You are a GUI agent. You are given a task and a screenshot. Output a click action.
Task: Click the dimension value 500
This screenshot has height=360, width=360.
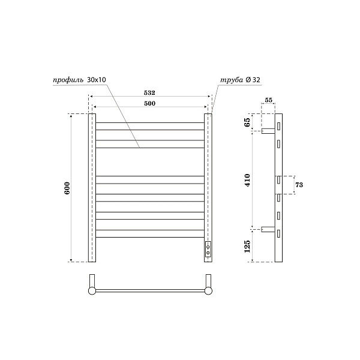(x=149, y=104)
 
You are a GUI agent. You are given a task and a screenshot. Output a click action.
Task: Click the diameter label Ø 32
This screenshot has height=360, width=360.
(x=252, y=79)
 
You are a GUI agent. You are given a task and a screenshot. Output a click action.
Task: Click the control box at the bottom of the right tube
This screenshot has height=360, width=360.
(x=208, y=250)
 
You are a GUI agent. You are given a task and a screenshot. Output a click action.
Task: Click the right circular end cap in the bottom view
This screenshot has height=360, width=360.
(x=208, y=291)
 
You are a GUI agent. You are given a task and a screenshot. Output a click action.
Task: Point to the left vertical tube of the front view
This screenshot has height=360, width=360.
(x=92, y=187)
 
